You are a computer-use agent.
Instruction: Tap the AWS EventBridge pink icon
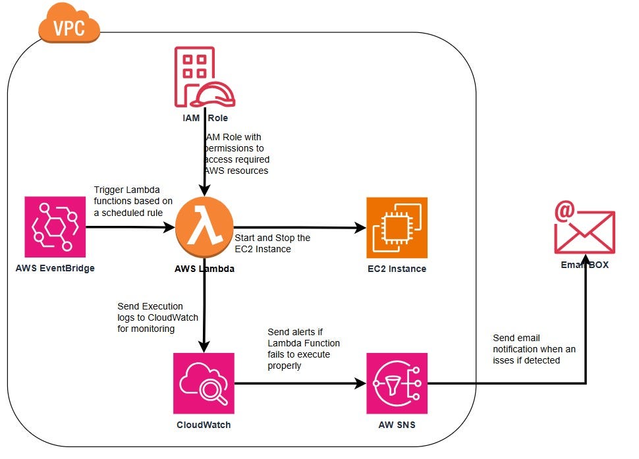[55, 227]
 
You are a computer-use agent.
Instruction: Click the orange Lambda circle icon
[204, 227]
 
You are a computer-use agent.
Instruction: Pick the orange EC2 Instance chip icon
[397, 227]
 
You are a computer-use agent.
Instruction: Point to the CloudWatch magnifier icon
[204, 383]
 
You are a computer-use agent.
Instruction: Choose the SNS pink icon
[397, 383]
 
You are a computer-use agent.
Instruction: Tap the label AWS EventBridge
[55, 269]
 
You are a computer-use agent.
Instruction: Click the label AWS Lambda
[204, 269]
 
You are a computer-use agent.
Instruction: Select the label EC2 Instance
[397, 269]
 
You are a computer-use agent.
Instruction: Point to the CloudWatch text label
[204, 425]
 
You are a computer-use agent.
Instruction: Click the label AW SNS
[397, 425]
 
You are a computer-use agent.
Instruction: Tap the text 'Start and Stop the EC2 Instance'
[272, 243]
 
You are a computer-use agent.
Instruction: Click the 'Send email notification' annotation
[534, 349]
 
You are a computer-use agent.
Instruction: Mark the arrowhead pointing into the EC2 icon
[361, 228]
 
